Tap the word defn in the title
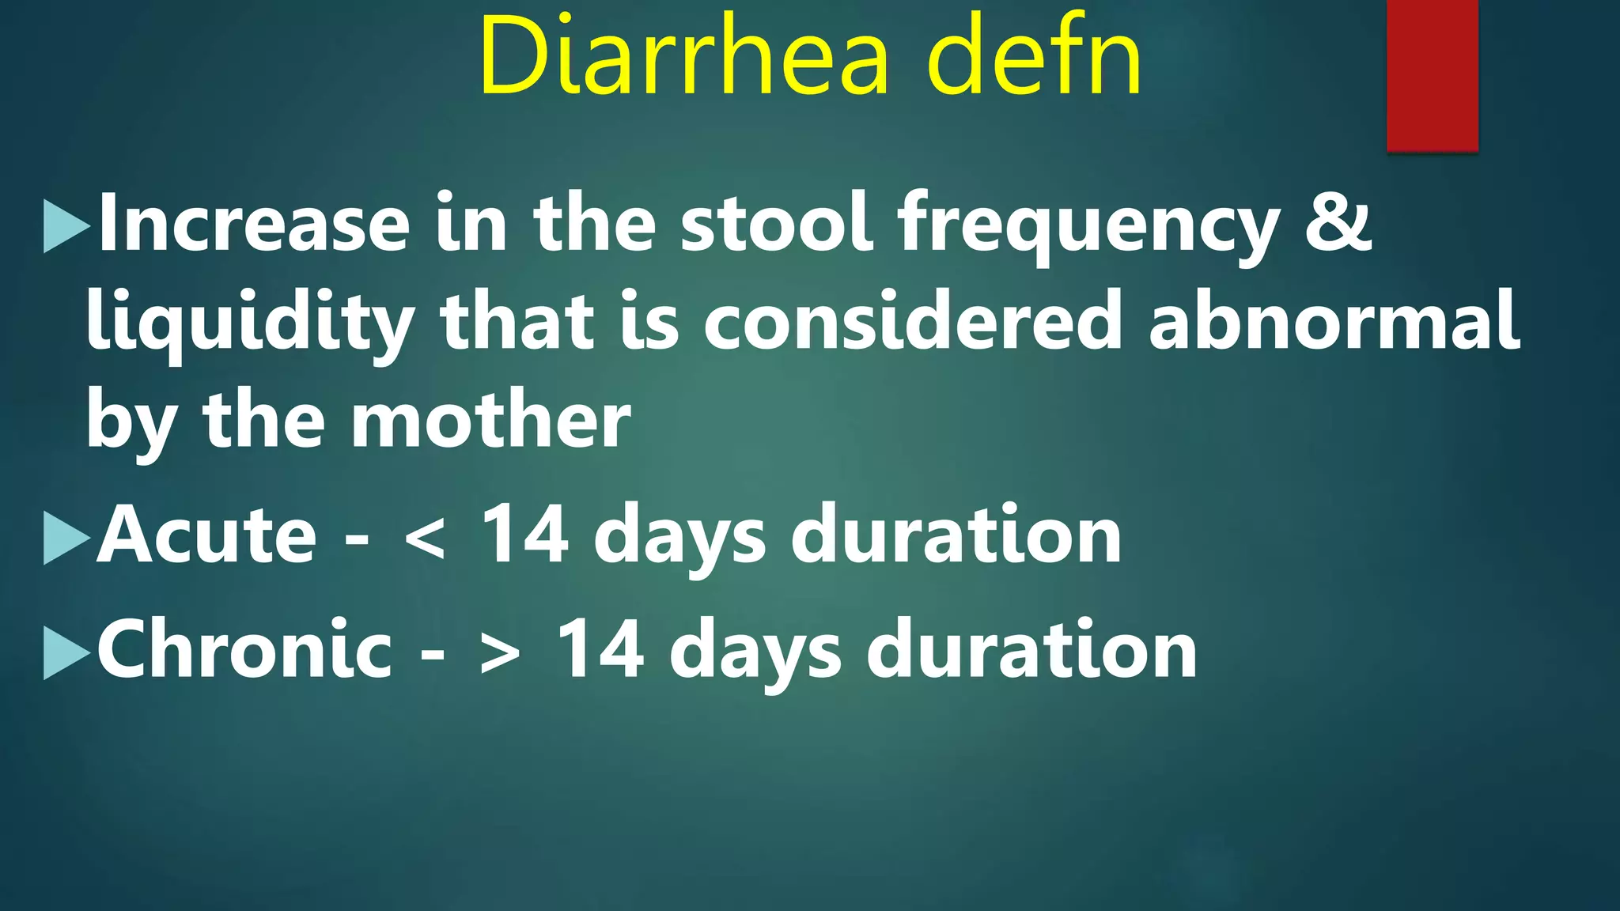tap(1034, 55)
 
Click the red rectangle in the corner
tap(1432, 75)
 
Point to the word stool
tap(777, 224)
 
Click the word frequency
tap(1088, 229)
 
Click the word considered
tap(913, 320)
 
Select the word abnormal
tap(1334, 320)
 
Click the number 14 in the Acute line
tap(525, 535)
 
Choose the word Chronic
tap(244, 650)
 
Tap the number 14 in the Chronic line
tap(600, 650)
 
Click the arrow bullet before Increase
tap(66, 227)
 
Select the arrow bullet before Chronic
tap(66, 653)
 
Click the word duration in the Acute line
tap(956, 535)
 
